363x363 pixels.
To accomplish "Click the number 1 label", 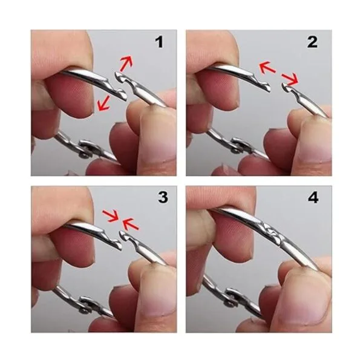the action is click(159, 42).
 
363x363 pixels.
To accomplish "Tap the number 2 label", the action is click(312, 42).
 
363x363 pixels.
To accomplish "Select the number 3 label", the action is click(163, 198).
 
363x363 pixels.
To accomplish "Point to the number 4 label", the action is click(313, 198).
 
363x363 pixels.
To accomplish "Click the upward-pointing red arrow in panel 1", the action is click(126, 63).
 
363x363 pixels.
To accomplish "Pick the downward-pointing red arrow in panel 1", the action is click(103, 103).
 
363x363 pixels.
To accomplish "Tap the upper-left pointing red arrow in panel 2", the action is click(267, 67).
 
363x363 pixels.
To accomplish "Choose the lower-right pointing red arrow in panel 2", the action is click(290, 79).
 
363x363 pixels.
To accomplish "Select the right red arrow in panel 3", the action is click(131, 224).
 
